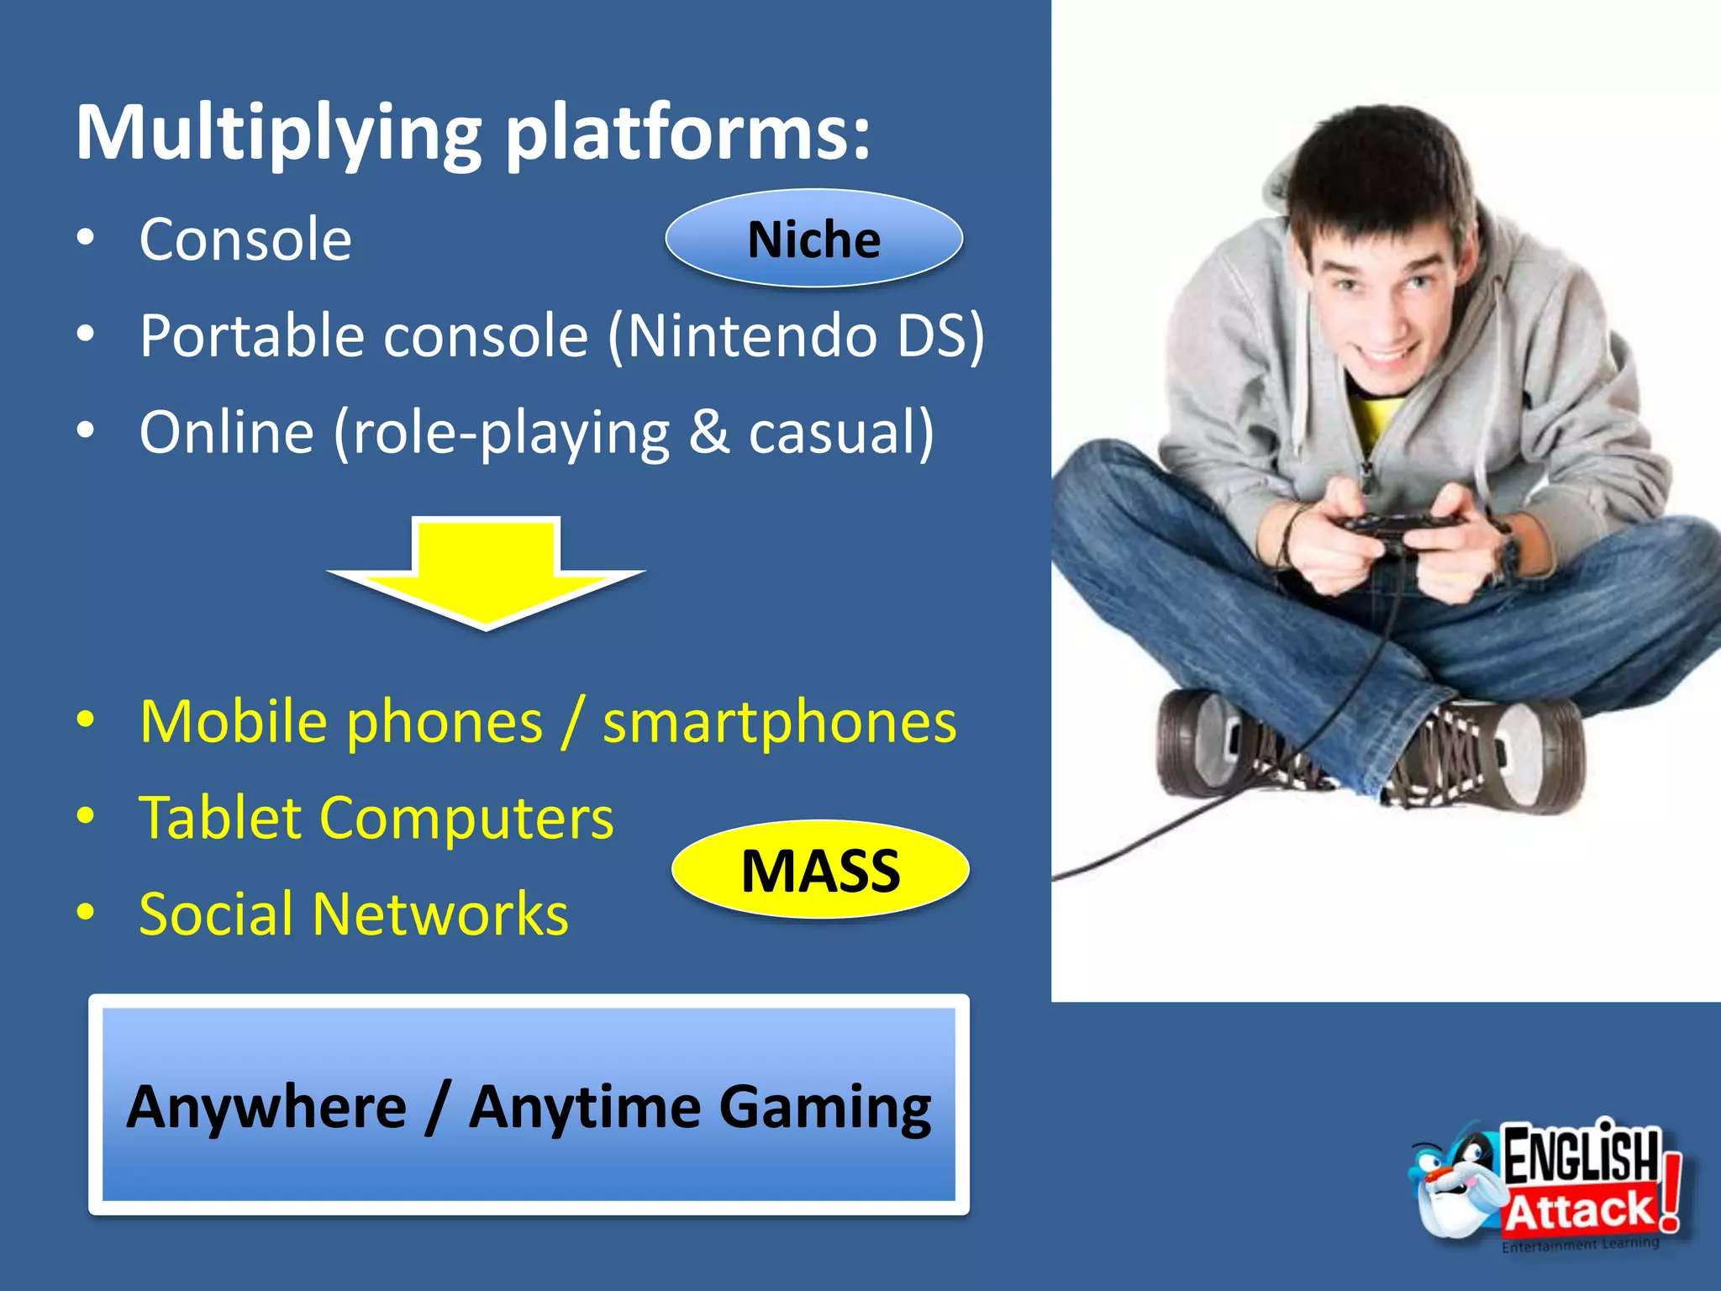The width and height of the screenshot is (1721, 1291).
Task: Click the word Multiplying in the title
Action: coord(277,134)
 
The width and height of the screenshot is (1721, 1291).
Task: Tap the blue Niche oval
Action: coord(813,240)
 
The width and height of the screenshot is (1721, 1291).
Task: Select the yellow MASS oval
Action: coord(820,871)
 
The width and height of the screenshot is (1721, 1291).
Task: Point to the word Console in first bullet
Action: coord(245,240)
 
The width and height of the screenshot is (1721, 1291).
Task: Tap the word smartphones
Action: coord(779,723)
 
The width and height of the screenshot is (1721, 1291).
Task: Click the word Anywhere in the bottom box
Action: coord(266,1108)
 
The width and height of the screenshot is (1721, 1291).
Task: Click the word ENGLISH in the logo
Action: coord(1580,1156)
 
